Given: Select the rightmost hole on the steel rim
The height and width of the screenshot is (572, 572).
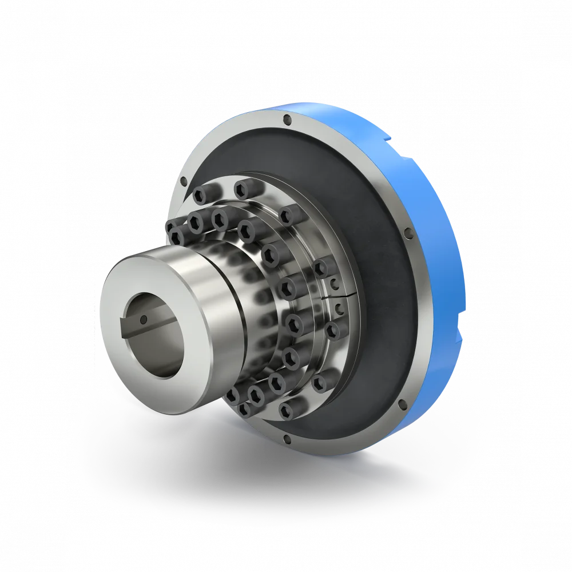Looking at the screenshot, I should pos(408,233).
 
